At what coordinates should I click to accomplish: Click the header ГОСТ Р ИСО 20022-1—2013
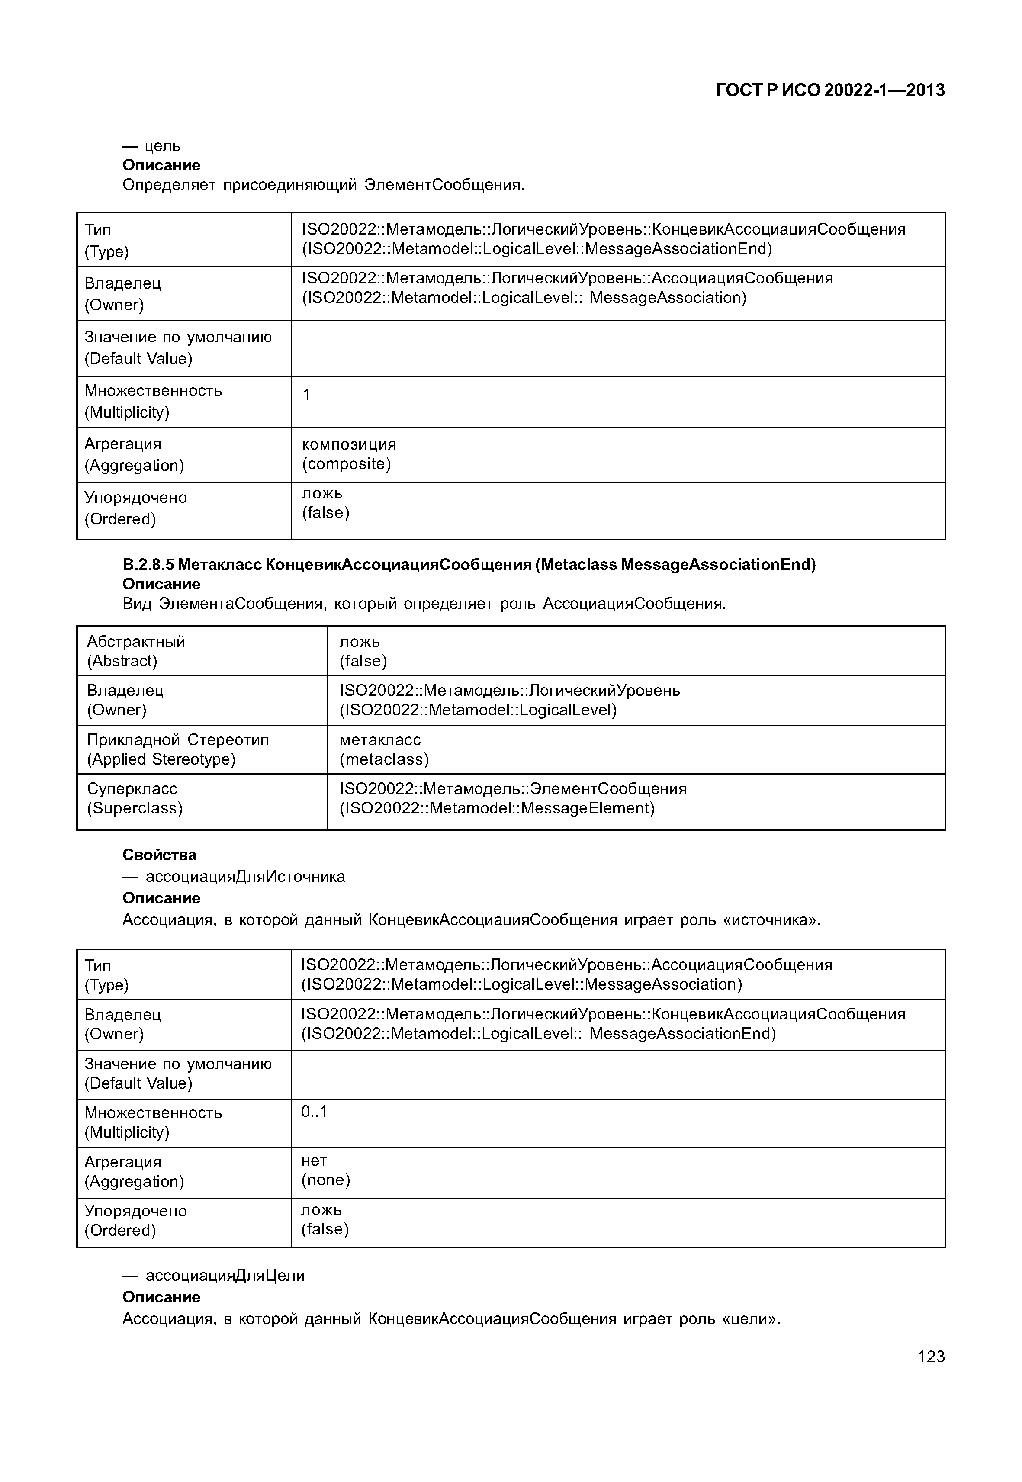(x=830, y=90)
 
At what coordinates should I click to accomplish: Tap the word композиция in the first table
(x=349, y=444)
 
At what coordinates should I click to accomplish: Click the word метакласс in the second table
(x=380, y=740)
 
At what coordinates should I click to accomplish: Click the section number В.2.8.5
(x=148, y=565)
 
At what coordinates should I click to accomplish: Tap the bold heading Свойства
(x=160, y=855)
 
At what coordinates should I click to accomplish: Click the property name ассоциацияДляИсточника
(x=245, y=876)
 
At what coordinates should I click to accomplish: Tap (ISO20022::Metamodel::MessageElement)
(x=497, y=808)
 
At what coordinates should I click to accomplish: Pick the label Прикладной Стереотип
(x=178, y=740)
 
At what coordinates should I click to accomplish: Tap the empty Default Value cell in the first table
(x=617, y=348)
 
